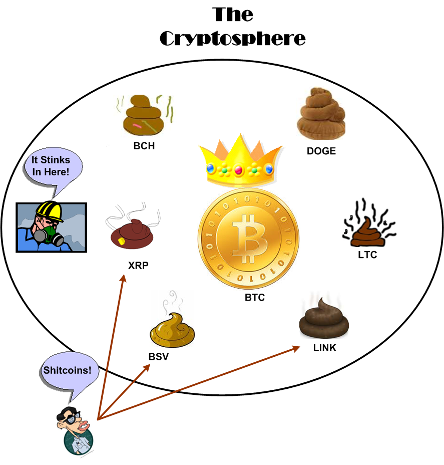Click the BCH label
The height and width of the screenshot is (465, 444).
[x=144, y=146]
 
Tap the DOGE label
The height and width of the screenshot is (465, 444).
[x=321, y=151]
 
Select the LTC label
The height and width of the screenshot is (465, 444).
[x=367, y=255]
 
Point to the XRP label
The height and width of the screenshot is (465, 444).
[x=138, y=266]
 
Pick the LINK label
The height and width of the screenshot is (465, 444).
[x=324, y=348]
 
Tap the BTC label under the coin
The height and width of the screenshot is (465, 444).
[x=254, y=298]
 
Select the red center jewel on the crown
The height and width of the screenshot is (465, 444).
[x=238, y=170]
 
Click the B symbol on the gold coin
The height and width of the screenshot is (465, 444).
[x=248, y=239]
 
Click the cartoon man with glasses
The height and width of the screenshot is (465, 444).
[x=76, y=429]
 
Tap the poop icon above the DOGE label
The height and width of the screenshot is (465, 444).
[x=321, y=115]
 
